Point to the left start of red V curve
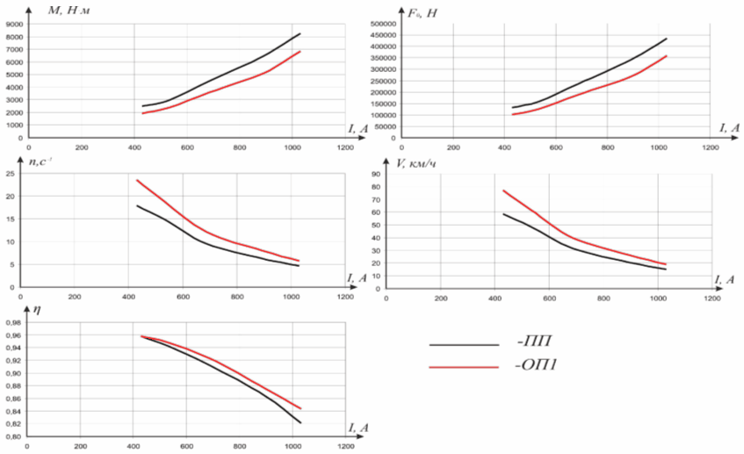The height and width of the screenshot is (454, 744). click(502, 191)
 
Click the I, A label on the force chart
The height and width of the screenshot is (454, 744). click(728, 128)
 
